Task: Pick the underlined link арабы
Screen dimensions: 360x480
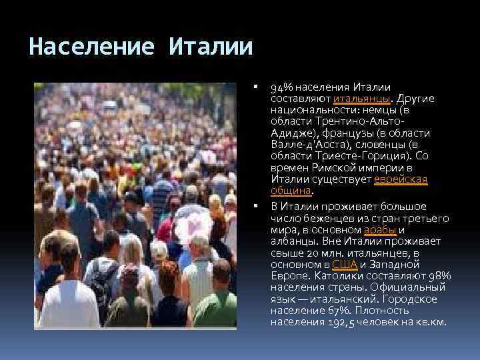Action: point(380,229)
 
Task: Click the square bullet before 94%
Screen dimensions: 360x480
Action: point(256,87)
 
